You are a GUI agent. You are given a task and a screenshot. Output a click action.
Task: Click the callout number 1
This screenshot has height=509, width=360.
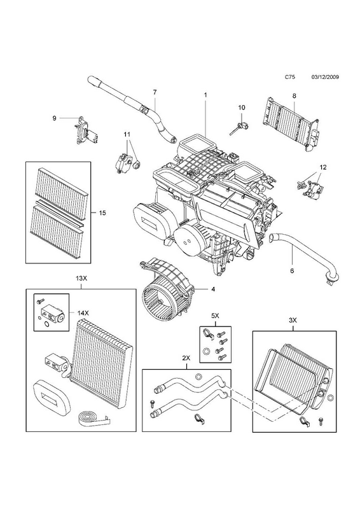[x=205, y=95]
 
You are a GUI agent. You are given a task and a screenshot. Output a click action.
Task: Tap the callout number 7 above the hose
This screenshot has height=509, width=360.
[x=155, y=92]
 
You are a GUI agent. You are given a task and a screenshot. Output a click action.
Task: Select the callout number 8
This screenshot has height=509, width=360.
[x=294, y=96]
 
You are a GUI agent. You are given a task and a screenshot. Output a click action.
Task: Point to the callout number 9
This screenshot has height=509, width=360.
[x=54, y=118]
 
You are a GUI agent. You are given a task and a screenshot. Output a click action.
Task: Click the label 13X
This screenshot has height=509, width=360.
[x=81, y=278]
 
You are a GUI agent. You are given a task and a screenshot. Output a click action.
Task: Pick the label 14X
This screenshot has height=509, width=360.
[x=83, y=313]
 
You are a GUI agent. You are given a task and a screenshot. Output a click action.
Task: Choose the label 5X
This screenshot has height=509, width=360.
[x=215, y=315]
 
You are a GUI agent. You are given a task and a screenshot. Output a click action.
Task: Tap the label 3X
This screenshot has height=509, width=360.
[x=293, y=320]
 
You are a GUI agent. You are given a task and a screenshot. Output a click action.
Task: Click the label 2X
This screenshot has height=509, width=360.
[x=186, y=358]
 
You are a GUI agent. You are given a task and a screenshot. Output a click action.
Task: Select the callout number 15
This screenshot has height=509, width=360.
[x=102, y=213]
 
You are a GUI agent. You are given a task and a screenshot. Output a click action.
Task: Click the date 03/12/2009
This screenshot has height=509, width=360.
[x=325, y=77]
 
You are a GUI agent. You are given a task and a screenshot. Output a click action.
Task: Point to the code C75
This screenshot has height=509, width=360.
[x=289, y=77]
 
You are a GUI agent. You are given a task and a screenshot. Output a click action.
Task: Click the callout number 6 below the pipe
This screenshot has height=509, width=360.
[x=292, y=271]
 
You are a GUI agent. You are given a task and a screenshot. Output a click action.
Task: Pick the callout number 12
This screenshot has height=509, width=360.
[x=322, y=167]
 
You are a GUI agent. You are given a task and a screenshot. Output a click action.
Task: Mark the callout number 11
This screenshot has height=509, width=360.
[x=127, y=134]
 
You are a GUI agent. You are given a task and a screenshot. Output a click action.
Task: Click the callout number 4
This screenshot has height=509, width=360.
[x=213, y=289]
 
